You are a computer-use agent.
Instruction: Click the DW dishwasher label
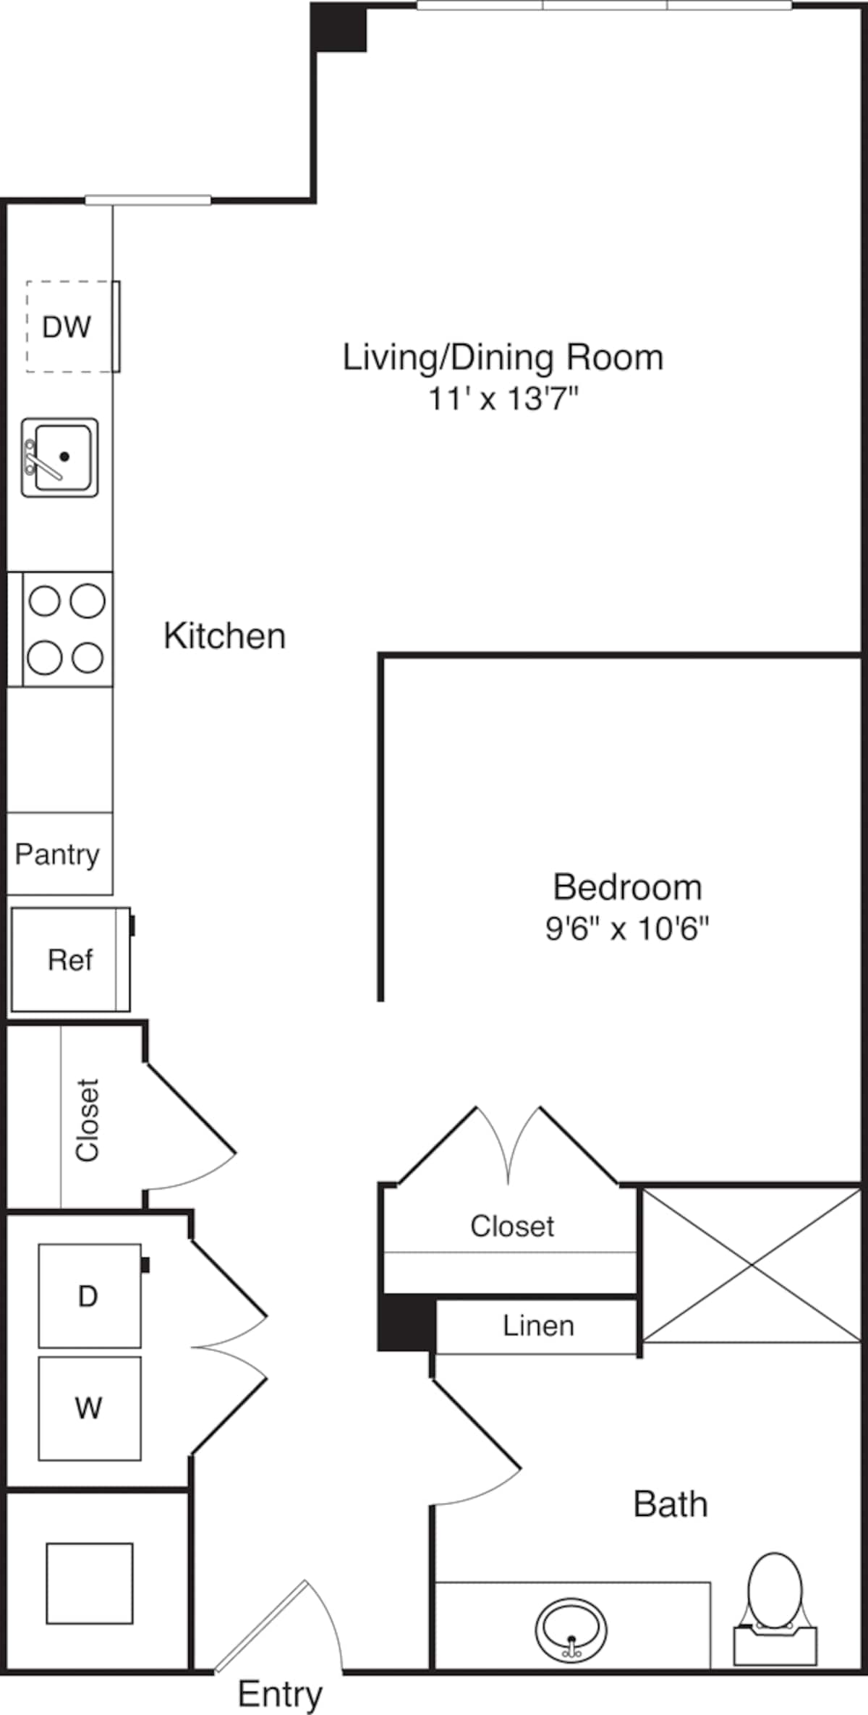[67, 327]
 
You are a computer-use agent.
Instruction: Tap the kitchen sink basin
[61, 457]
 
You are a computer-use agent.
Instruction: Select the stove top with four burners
[66, 629]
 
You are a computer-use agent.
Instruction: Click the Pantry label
[57, 855]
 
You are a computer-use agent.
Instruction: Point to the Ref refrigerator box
[70, 960]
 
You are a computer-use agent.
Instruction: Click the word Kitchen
[224, 636]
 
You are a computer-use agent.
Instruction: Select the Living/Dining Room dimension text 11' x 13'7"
[503, 399]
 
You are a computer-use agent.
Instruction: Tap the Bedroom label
[627, 887]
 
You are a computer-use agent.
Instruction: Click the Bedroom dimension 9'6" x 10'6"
[627, 928]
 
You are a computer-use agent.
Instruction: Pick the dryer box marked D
[89, 1296]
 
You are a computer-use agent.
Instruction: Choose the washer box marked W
[89, 1408]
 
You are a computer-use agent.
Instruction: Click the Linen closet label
[538, 1326]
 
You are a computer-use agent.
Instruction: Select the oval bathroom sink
[571, 1630]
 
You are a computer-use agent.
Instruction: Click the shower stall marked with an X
[752, 1264]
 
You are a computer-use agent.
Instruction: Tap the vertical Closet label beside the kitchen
[88, 1120]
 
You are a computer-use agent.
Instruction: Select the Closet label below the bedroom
[512, 1227]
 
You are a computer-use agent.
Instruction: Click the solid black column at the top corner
[339, 27]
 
